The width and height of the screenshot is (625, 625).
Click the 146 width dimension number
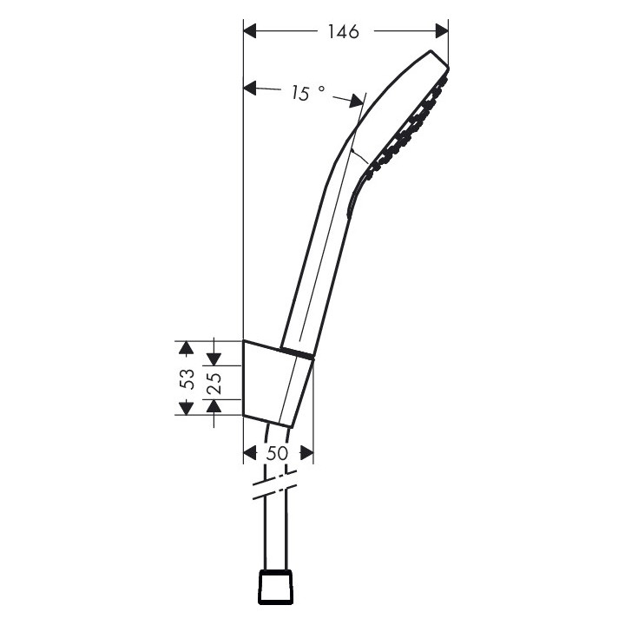click(344, 32)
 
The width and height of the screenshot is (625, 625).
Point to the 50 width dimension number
click(277, 453)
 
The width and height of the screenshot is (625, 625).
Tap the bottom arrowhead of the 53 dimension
click(184, 407)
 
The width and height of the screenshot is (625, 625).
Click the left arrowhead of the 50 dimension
click(250, 453)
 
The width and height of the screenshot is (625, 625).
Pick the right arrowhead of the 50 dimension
click(305, 453)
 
